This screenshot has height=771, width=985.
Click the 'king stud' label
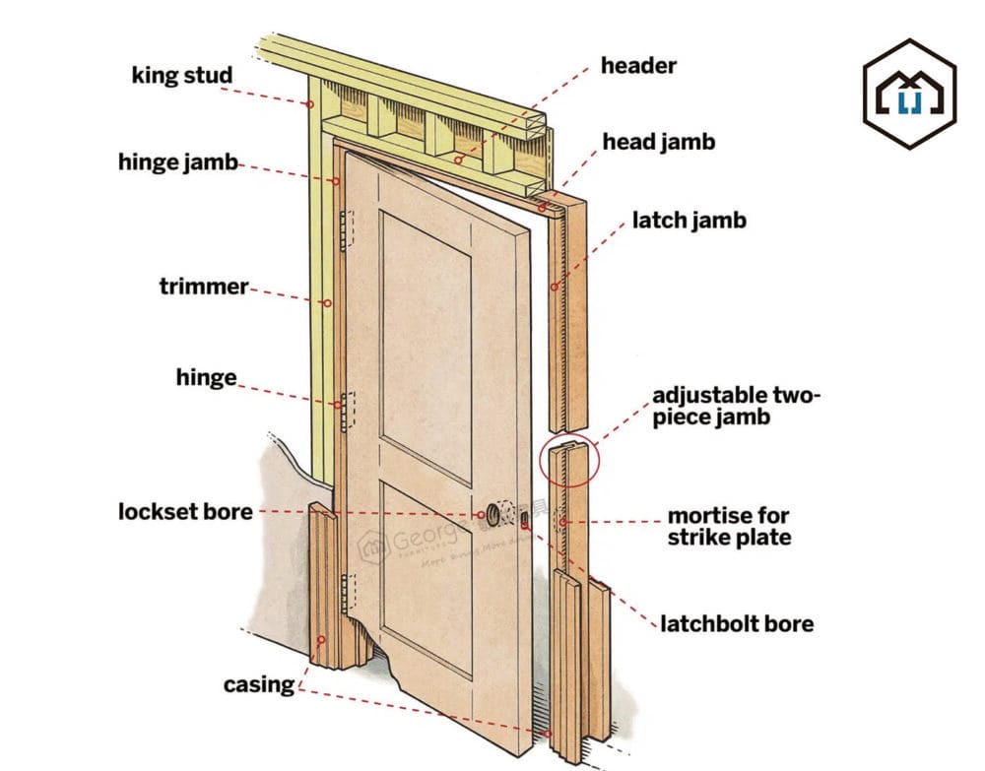pyautogui.click(x=182, y=76)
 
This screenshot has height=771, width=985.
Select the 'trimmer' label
pyautogui.click(x=204, y=287)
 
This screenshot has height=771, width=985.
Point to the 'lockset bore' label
pyautogui.click(x=185, y=512)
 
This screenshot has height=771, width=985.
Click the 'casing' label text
pyautogui.click(x=259, y=684)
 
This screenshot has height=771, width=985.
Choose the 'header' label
pyautogui.click(x=639, y=66)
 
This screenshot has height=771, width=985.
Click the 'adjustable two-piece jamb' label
pyautogui.click(x=737, y=406)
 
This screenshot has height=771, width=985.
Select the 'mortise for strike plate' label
pyautogui.click(x=729, y=526)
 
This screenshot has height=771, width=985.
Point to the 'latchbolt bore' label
pyautogui.click(x=737, y=623)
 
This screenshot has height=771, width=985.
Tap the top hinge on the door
pyautogui.click(x=345, y=228)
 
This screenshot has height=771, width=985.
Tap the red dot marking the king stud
pyautogui.click(x=309, y=103)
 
